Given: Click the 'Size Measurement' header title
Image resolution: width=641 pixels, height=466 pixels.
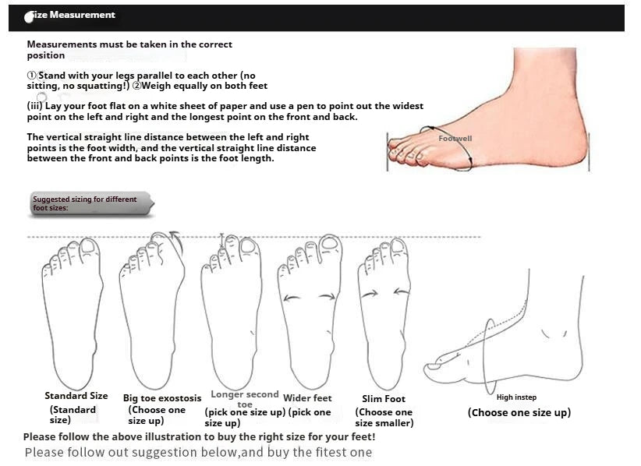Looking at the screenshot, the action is click(70, 15).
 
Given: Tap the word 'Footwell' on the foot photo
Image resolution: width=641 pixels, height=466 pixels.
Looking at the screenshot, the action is click(455, 139).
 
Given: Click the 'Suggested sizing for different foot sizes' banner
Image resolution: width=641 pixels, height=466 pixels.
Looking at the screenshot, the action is click(90, 203).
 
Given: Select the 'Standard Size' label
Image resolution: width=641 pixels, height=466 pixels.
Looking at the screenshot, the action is click(76, 396).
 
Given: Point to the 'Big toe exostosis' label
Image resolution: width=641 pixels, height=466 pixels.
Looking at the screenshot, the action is click(162, 398).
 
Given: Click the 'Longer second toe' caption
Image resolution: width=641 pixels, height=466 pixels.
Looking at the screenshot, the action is click(244, 399).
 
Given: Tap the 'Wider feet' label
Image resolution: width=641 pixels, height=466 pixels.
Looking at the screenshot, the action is click(307, 398).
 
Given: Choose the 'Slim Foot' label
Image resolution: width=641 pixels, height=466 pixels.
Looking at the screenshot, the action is click(384, 399).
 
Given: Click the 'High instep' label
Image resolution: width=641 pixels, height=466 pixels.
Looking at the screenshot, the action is click(516, 397).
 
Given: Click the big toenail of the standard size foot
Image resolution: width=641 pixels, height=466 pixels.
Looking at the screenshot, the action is click(89, 246).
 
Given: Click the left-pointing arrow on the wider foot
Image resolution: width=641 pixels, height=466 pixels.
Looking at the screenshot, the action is click(291, 298).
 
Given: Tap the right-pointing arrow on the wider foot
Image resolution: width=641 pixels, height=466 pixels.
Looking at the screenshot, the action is click(328, 297).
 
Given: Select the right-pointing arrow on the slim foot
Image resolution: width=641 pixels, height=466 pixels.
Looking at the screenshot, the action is click(370, 294).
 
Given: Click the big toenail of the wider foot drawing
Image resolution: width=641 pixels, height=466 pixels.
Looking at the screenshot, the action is click(330, 242).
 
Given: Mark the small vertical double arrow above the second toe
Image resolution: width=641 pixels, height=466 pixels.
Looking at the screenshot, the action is click(222, 241).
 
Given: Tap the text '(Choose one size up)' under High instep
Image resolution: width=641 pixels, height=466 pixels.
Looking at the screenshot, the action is click(519, 412).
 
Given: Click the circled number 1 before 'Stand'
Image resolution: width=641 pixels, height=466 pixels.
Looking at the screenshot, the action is click(32, 76).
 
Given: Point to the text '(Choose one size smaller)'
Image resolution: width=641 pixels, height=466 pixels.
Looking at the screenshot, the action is click(384, 418).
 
